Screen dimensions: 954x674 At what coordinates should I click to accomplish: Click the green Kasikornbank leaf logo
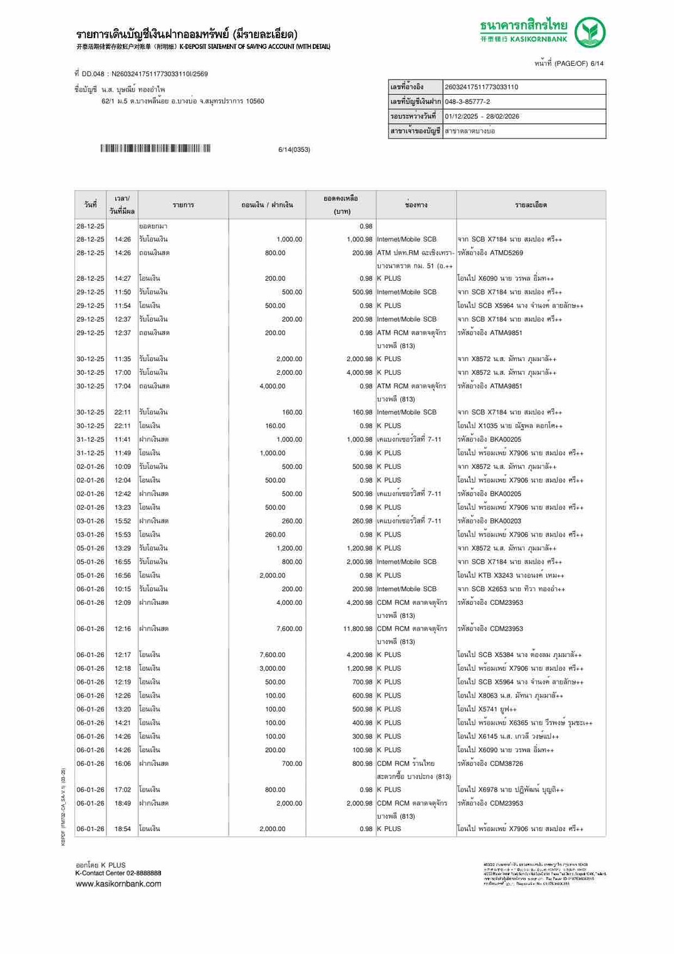[x=590, y=32]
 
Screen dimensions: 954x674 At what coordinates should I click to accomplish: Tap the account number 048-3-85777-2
[x=467, y=102]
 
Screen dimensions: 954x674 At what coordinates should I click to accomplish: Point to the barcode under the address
[x=155, y=149]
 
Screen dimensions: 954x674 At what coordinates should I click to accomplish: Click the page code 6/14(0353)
[x=294, y=150]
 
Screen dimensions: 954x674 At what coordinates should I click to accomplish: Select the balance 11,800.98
[x=358, y=629]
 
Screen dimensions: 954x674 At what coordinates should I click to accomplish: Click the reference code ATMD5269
[x=506, y=253]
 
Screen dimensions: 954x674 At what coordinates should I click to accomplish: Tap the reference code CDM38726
[x=506, y=764]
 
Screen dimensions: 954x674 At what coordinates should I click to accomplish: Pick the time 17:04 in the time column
[x=123, y=386]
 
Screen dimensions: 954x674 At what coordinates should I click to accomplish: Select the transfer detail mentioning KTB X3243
[x=511, y=575]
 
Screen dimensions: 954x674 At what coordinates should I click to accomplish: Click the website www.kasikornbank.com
[x=118, y=884]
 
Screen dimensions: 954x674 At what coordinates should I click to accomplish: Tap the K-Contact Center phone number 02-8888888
[x=143, y=873]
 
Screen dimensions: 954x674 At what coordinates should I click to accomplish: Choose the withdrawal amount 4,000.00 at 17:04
[x=272, y=386]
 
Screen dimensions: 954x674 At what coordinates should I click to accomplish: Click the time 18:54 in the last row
[x=123, y=829]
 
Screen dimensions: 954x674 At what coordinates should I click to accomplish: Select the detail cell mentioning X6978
[x=511, y=790]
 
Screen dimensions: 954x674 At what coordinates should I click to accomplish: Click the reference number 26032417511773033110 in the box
[x=481, y=87]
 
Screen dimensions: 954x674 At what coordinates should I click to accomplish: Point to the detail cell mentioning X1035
[x=510, y=426]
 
